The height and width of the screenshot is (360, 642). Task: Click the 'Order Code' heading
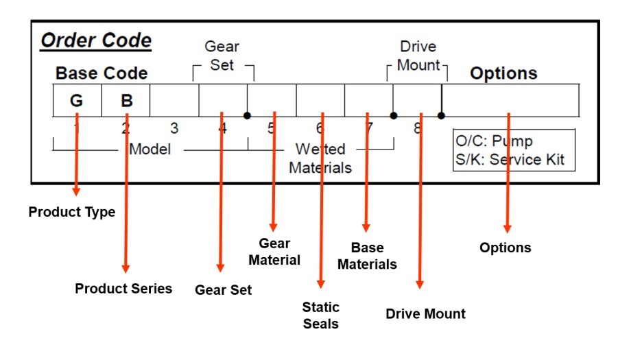coord(96,40)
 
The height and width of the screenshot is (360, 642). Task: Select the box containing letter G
coord(77,101)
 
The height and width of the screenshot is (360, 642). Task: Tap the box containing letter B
coord(126,101)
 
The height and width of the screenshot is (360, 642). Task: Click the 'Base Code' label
coord(101,73)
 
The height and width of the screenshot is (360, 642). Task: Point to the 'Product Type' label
coord(71,213)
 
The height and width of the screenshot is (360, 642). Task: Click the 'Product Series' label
coord(123,288)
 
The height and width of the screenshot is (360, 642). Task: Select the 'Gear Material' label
coord(274,252)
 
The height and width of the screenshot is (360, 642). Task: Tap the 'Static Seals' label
coord(321,315)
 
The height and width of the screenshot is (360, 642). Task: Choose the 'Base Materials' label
coord(367,256)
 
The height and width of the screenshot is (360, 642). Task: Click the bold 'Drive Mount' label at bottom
coord(425,314)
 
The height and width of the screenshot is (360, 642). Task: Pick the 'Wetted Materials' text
coord(320,158)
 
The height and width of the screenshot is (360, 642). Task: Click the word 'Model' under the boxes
coord(150,149)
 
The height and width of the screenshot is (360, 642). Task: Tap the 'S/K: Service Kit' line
coord(510,159)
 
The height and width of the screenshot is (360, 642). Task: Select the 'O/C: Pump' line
coord(494,142)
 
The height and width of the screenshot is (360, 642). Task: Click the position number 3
coord(174,128)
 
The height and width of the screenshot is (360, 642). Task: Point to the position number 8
coord(417,128)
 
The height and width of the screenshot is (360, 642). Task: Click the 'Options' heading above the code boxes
coord(503,73)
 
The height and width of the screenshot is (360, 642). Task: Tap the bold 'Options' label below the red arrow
coord(506,248)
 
